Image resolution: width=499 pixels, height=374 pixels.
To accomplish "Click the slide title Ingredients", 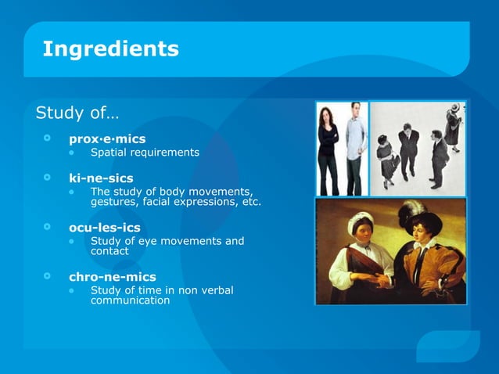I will click(x=110, y=49).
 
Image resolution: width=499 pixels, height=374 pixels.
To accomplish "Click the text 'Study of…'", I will click(x=77, y=113).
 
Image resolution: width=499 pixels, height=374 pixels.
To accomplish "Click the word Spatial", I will click(x=110, y=152).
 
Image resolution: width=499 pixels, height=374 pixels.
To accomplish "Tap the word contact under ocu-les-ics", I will click(x=109, y=251).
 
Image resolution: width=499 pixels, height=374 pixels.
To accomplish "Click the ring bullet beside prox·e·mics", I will click(x=48, y=138).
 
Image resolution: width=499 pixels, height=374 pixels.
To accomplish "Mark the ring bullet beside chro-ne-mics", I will click(x=48, y=276).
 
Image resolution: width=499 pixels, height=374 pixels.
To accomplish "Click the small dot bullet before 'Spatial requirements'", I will click(x=72, y=152).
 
